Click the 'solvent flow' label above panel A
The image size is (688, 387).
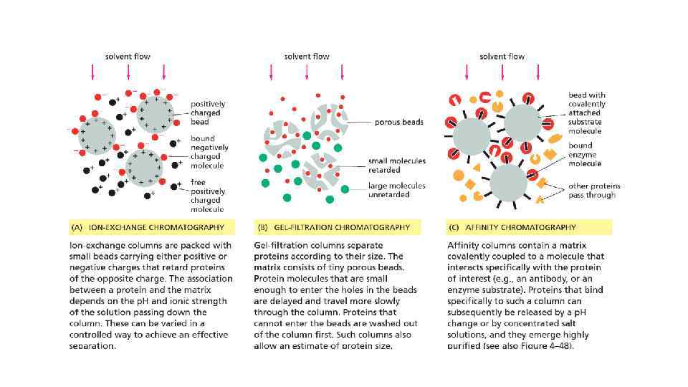(128, 56)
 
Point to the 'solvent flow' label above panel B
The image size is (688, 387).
(307, 56)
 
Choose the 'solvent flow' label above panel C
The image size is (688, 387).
(502, 56)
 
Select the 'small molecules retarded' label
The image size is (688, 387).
(396, 166)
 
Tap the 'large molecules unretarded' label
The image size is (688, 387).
(396, 190)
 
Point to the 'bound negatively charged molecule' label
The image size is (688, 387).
(206, 152)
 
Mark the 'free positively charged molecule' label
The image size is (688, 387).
(207, 196)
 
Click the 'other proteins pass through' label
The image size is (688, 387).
(594, 190)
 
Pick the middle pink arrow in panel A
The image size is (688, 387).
(128, 72)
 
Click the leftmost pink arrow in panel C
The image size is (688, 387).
(467, 72)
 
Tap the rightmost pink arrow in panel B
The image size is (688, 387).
(343, 72)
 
